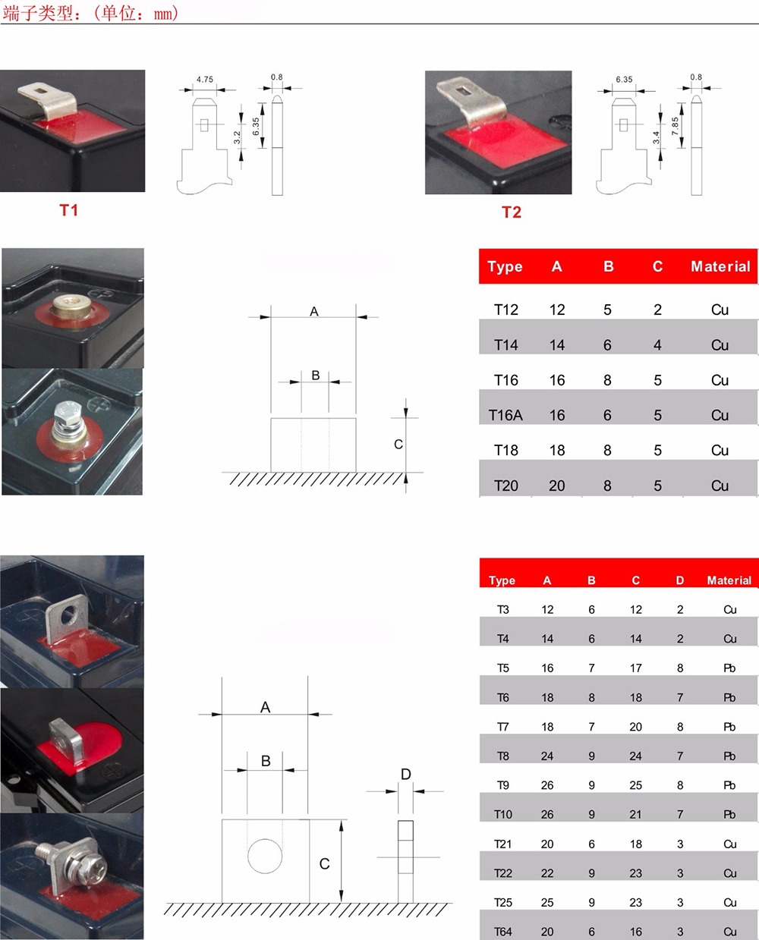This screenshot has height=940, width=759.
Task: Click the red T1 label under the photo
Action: [x=69, y=210]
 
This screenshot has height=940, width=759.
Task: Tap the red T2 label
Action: [x=512, y=212]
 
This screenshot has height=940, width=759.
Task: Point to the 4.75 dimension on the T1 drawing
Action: [x=205, y=80]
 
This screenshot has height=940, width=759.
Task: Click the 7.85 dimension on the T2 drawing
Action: [x=675, y=126]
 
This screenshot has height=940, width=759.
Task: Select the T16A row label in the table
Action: [x=505, y=415]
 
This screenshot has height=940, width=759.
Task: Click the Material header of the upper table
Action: [x=720, y=266]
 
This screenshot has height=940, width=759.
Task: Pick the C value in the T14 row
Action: [x=657, y=345]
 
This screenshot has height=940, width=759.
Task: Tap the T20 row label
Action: [x=506, y=486]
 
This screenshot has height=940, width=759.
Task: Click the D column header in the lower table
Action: [x=680, y=580]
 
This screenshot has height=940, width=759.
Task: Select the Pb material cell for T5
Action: [x=729, y=668]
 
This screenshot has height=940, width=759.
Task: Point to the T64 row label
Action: [x=503, y=932]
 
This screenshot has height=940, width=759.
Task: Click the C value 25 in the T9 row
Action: [x=636, y=785]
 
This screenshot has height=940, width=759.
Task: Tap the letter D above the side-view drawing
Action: [x=406, y=774]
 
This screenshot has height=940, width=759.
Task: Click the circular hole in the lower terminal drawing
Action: [x=265, y=856]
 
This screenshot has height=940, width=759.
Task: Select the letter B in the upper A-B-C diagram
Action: [x=315, y=375]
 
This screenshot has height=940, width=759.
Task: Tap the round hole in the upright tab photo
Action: [x=71, y=615]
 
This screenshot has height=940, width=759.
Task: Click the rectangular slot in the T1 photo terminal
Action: [x=40, y=90]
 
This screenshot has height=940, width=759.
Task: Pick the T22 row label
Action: [x=503, y=873]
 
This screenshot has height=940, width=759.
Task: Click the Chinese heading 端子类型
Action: [x=37, y=13]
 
